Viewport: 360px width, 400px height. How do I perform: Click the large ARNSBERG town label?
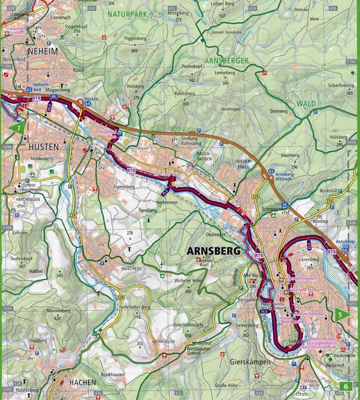(x=214, y=250)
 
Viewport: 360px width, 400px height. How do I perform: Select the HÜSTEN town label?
(x=43, y=146)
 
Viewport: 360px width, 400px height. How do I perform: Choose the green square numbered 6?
(x=346, y=386)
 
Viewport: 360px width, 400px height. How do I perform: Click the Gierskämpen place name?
(x=250, y=362)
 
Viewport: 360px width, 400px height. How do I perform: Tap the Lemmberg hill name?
(x=225, y=73)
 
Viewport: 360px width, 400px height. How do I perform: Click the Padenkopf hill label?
(x=191, y=66)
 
